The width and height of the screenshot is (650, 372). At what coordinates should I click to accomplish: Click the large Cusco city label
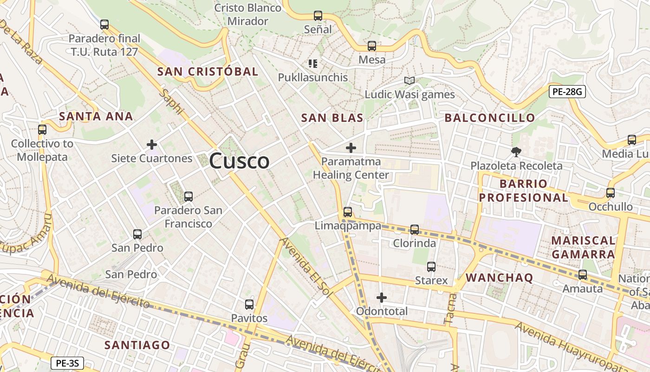(x=239, y=161)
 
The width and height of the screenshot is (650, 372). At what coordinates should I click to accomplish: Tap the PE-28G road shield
(x=567, y=92)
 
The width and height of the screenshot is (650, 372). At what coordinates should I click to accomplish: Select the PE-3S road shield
(x=67, y=363)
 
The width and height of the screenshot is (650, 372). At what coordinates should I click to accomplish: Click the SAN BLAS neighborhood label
(x=332, y=118)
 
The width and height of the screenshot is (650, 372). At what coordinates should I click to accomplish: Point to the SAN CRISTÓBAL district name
(x=208, y=72)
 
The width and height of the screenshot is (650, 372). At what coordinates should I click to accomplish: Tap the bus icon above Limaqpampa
(x=348, y=212)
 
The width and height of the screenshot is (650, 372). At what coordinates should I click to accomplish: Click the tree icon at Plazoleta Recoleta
(x=516, y=152)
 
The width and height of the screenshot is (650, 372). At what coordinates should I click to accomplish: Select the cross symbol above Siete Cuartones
(x=152, y=145)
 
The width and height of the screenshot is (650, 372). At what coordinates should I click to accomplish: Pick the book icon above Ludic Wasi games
(x=409, y=81)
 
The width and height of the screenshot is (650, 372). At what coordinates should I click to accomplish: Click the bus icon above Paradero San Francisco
(x=188, y=196)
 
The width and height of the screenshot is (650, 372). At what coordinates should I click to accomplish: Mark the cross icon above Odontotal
(x=382, y=297)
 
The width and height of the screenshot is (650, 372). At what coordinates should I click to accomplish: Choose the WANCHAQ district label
(x=500, y=278)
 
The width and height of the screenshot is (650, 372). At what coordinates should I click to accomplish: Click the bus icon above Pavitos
(x=249, y=305)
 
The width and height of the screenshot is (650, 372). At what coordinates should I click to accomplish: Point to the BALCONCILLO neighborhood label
(x=490, y=118)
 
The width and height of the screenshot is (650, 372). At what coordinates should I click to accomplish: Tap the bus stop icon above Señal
(x=318, y=16)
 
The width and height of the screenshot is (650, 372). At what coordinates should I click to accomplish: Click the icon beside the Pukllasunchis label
(x=313, y=63)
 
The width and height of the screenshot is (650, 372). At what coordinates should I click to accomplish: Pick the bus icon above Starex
(x=431, y=267)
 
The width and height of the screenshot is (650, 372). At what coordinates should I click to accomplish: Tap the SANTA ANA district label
(x=96, y=116)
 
